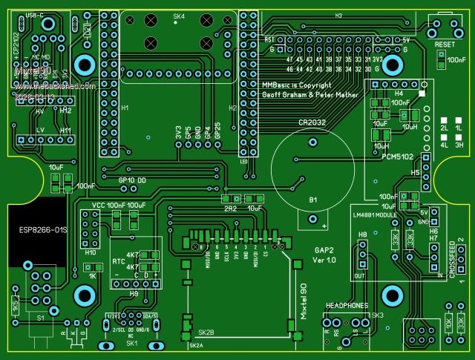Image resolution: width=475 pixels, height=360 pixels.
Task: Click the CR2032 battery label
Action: pos(312,122)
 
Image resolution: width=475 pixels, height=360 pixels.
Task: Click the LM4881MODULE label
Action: pos(381,217)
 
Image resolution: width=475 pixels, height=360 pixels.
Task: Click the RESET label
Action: pos(445,45)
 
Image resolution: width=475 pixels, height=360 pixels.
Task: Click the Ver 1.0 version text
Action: pos(324,261)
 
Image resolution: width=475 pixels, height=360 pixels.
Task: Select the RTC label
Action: pos(119,262)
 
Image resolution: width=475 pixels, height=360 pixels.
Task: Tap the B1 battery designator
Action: pos(312,200)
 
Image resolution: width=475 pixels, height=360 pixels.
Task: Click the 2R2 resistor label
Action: pos(230,209)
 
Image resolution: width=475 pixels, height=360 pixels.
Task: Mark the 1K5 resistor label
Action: pos(15,306)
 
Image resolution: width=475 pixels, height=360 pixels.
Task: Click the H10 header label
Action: pos(91,252)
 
